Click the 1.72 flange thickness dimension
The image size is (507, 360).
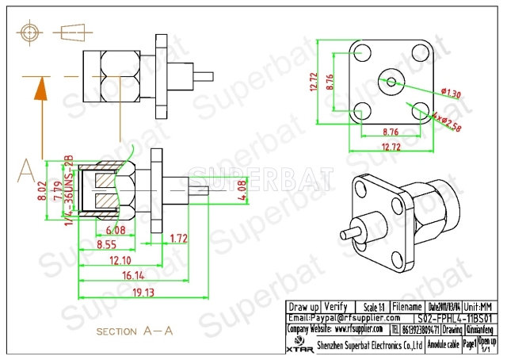179,237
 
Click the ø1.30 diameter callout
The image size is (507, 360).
430,94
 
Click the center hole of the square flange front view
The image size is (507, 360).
390,81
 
